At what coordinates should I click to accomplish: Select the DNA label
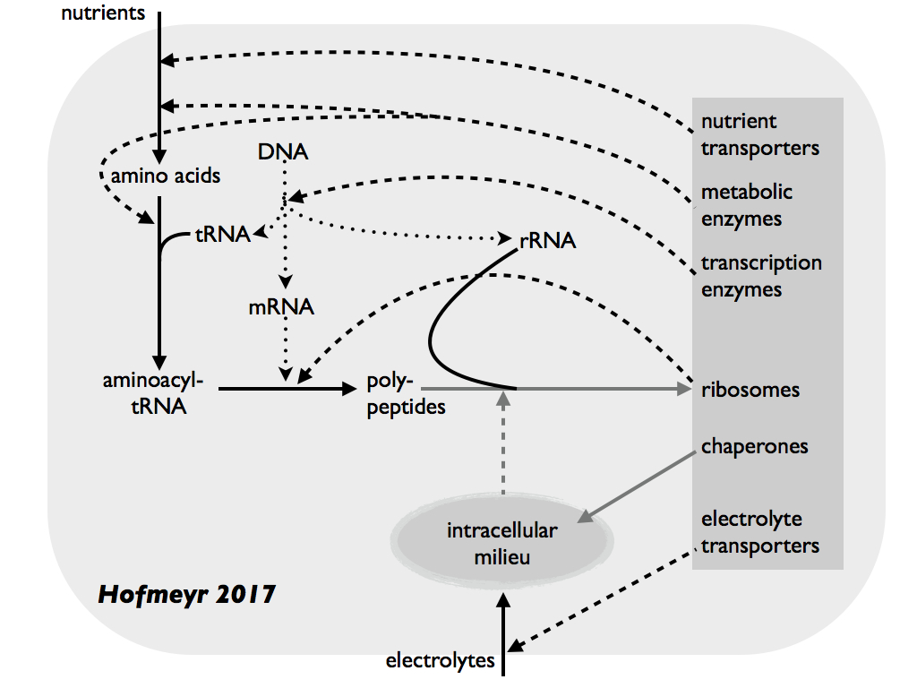(282, 151)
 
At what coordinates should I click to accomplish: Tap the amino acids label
(166, 176)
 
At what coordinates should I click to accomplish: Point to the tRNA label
(223, 236)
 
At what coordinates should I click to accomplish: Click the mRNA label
(281, 307)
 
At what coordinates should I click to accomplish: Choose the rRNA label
(547, 240)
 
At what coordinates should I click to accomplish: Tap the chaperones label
(755, 446)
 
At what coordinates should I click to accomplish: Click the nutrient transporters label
(759, 134)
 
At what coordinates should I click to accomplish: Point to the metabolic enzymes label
(747, 205)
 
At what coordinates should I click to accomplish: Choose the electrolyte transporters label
(759, 532)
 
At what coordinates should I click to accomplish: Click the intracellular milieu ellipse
(502, 543)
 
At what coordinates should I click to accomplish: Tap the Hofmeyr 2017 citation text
(186, 593)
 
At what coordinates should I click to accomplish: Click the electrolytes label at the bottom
(440, 661)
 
